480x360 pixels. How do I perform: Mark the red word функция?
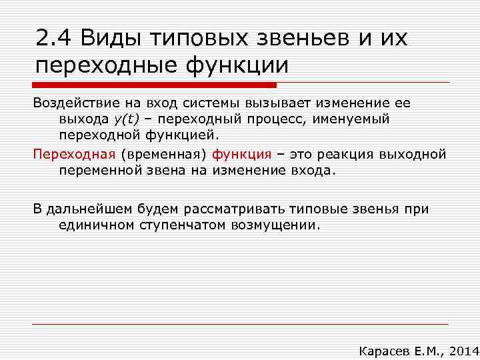(242, 154)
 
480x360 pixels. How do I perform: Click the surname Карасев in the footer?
(382, 351)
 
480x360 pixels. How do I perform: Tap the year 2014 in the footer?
(459, 351)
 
